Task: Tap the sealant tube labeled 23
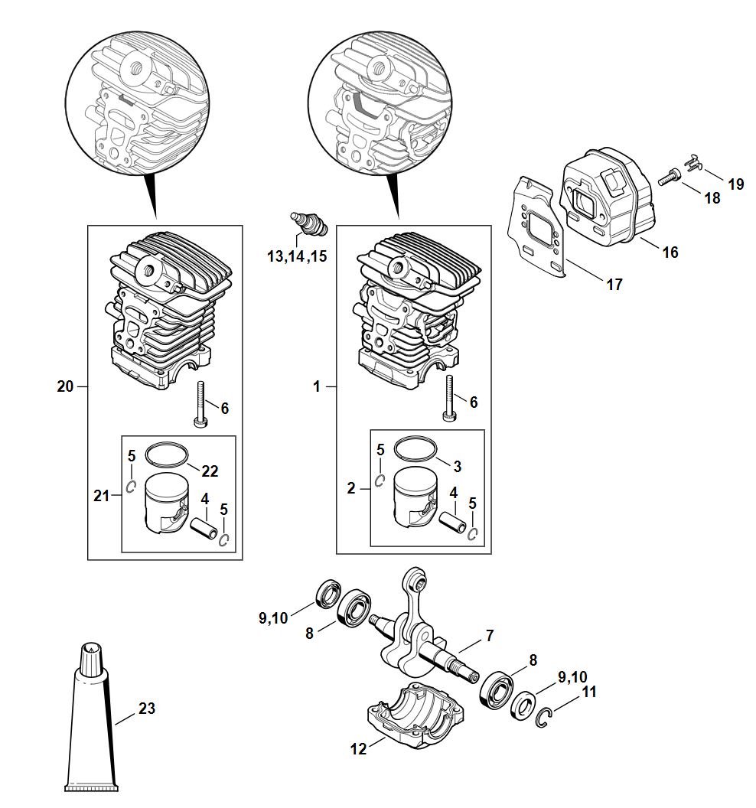pyautogui.click(x=91, y=718)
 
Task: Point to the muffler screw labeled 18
pyautogui.click(x=670, y=178)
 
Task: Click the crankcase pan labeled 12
pyautogui.click(x=415, y=715)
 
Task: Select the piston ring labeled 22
pyautogui.click(x=167, y=454)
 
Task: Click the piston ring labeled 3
pyautogui.click(x=415, y=449)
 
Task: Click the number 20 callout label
pyautogui.click(x=66, y=386)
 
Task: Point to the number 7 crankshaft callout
pyautogui.click(x=490, y=635)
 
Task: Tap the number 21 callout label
pyautogui.click(x=102, y=496)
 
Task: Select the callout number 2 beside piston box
pyautogui.click(x=351, y=488)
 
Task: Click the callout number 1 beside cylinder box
pyautogui.click(x=317, y=386)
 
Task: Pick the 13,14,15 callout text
pyautogui.click(x=297, y=256)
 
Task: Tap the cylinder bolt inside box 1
pyautogui.click(x=450, y=399)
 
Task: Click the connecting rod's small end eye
pyautogui.click(x=415, y=580)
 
